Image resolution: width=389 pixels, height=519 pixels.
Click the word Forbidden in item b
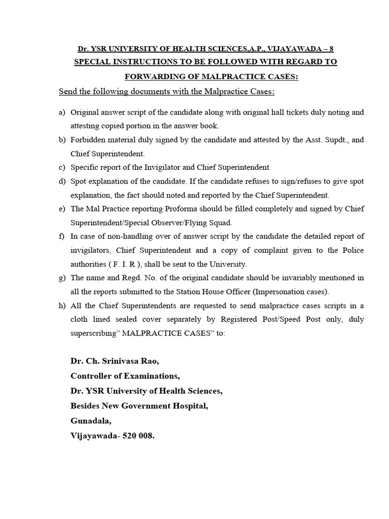coord(87,140)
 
